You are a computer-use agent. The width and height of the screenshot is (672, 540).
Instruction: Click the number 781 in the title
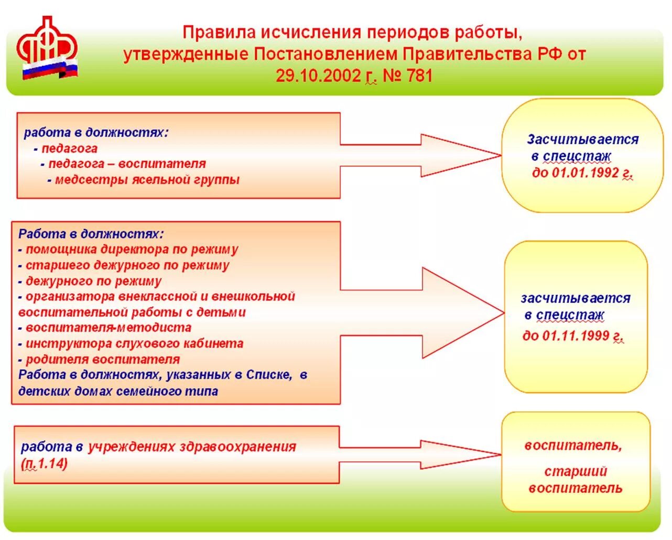(x=419, y=76)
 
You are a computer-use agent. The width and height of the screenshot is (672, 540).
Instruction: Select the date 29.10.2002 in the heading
(x=318, y=76)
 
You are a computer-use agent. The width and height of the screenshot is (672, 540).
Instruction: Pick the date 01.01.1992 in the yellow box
(x=582, y=173)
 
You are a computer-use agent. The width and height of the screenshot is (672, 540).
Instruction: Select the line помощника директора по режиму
(x=132, y=250)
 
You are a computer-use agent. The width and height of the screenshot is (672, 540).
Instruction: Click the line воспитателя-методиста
(x=108, y=328)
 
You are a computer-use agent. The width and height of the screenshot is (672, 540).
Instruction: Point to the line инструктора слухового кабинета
(x=134, y=344)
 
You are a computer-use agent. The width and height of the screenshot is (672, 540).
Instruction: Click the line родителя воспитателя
(x=102, y=360)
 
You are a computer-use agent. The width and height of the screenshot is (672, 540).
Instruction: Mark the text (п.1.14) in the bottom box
(x=45, y=463)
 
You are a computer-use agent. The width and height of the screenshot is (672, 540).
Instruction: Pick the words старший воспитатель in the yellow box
(x=576, y=480)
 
